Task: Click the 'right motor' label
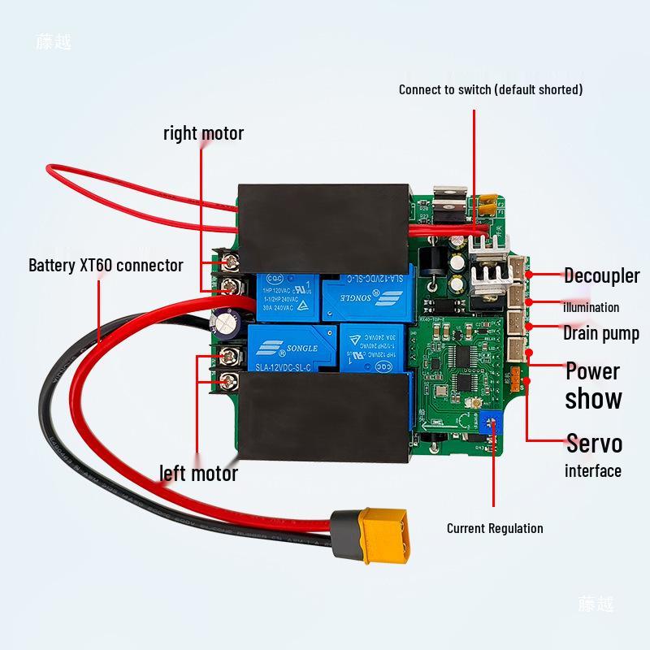tap(203, 133)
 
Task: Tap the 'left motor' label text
tap(198, 473)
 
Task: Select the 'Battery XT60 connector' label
tap(106, 266)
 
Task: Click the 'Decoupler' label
tap(601, 275)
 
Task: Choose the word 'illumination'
tap(591, 307)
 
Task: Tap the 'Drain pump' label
tap(600, 333)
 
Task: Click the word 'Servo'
tap(594, 444)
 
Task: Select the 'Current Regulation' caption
tap(495, 528)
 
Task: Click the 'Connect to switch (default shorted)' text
tap(490, 89)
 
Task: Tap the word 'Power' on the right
tap(592, 372)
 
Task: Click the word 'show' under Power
tap(593, 399)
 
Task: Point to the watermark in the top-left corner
tap(54, 42)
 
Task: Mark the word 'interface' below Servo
tap(592, 471)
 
